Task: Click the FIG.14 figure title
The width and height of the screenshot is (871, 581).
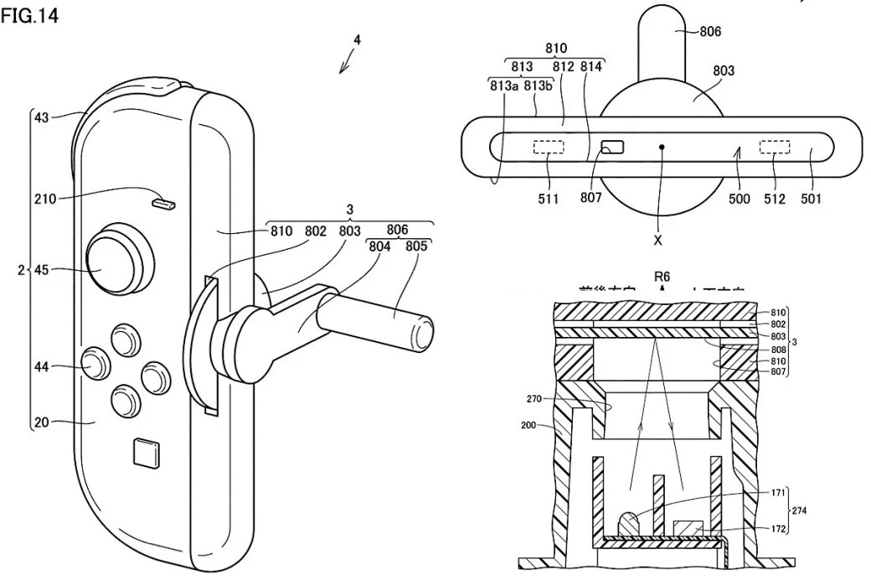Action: tap(29, 17)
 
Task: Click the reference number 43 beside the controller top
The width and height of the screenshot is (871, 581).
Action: tap(41, 117)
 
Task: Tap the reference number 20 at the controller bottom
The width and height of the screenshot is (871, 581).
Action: tap(41, 423)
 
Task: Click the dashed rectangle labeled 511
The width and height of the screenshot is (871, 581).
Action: tap(549, 148)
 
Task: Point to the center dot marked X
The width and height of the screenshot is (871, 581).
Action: tap(662, 148)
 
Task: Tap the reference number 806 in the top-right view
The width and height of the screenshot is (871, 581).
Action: tap(709, 32)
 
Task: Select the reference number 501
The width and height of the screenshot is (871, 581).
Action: tap(811, 199)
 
